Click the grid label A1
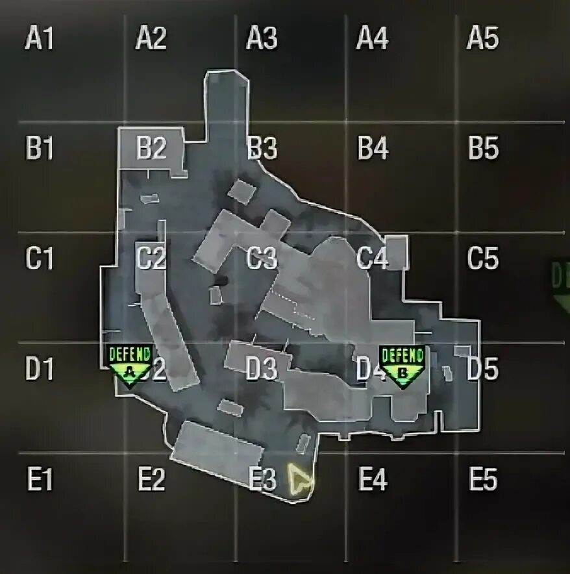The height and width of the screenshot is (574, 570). [x=39, y=40]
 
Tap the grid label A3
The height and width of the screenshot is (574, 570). [x=262, y=40]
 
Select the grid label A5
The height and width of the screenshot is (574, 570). [x=482, y=40]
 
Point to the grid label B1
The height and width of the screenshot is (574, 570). [x=39, y=149]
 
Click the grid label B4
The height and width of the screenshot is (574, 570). [x=373, y=149]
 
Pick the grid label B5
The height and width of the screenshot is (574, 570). [x=483, y=149]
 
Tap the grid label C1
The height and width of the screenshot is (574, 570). [x=39, y=259]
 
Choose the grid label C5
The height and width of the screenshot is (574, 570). [x=483, y=259]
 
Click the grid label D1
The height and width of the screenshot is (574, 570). [x=39, y=369]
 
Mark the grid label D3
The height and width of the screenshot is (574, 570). [x=262, y=369]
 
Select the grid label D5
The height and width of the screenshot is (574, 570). [x=483, y=369]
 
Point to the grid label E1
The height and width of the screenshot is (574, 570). [x=39, y=480]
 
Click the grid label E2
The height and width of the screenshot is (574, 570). [x=151, y=480]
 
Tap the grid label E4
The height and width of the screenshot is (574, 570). [x=373, y=480]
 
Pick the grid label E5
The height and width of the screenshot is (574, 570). [x=483, y=480]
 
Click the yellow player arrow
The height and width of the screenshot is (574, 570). [x=301, y=481]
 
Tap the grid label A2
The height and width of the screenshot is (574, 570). [x=151, y=40]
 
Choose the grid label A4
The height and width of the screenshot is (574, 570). [x=373, y=40]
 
